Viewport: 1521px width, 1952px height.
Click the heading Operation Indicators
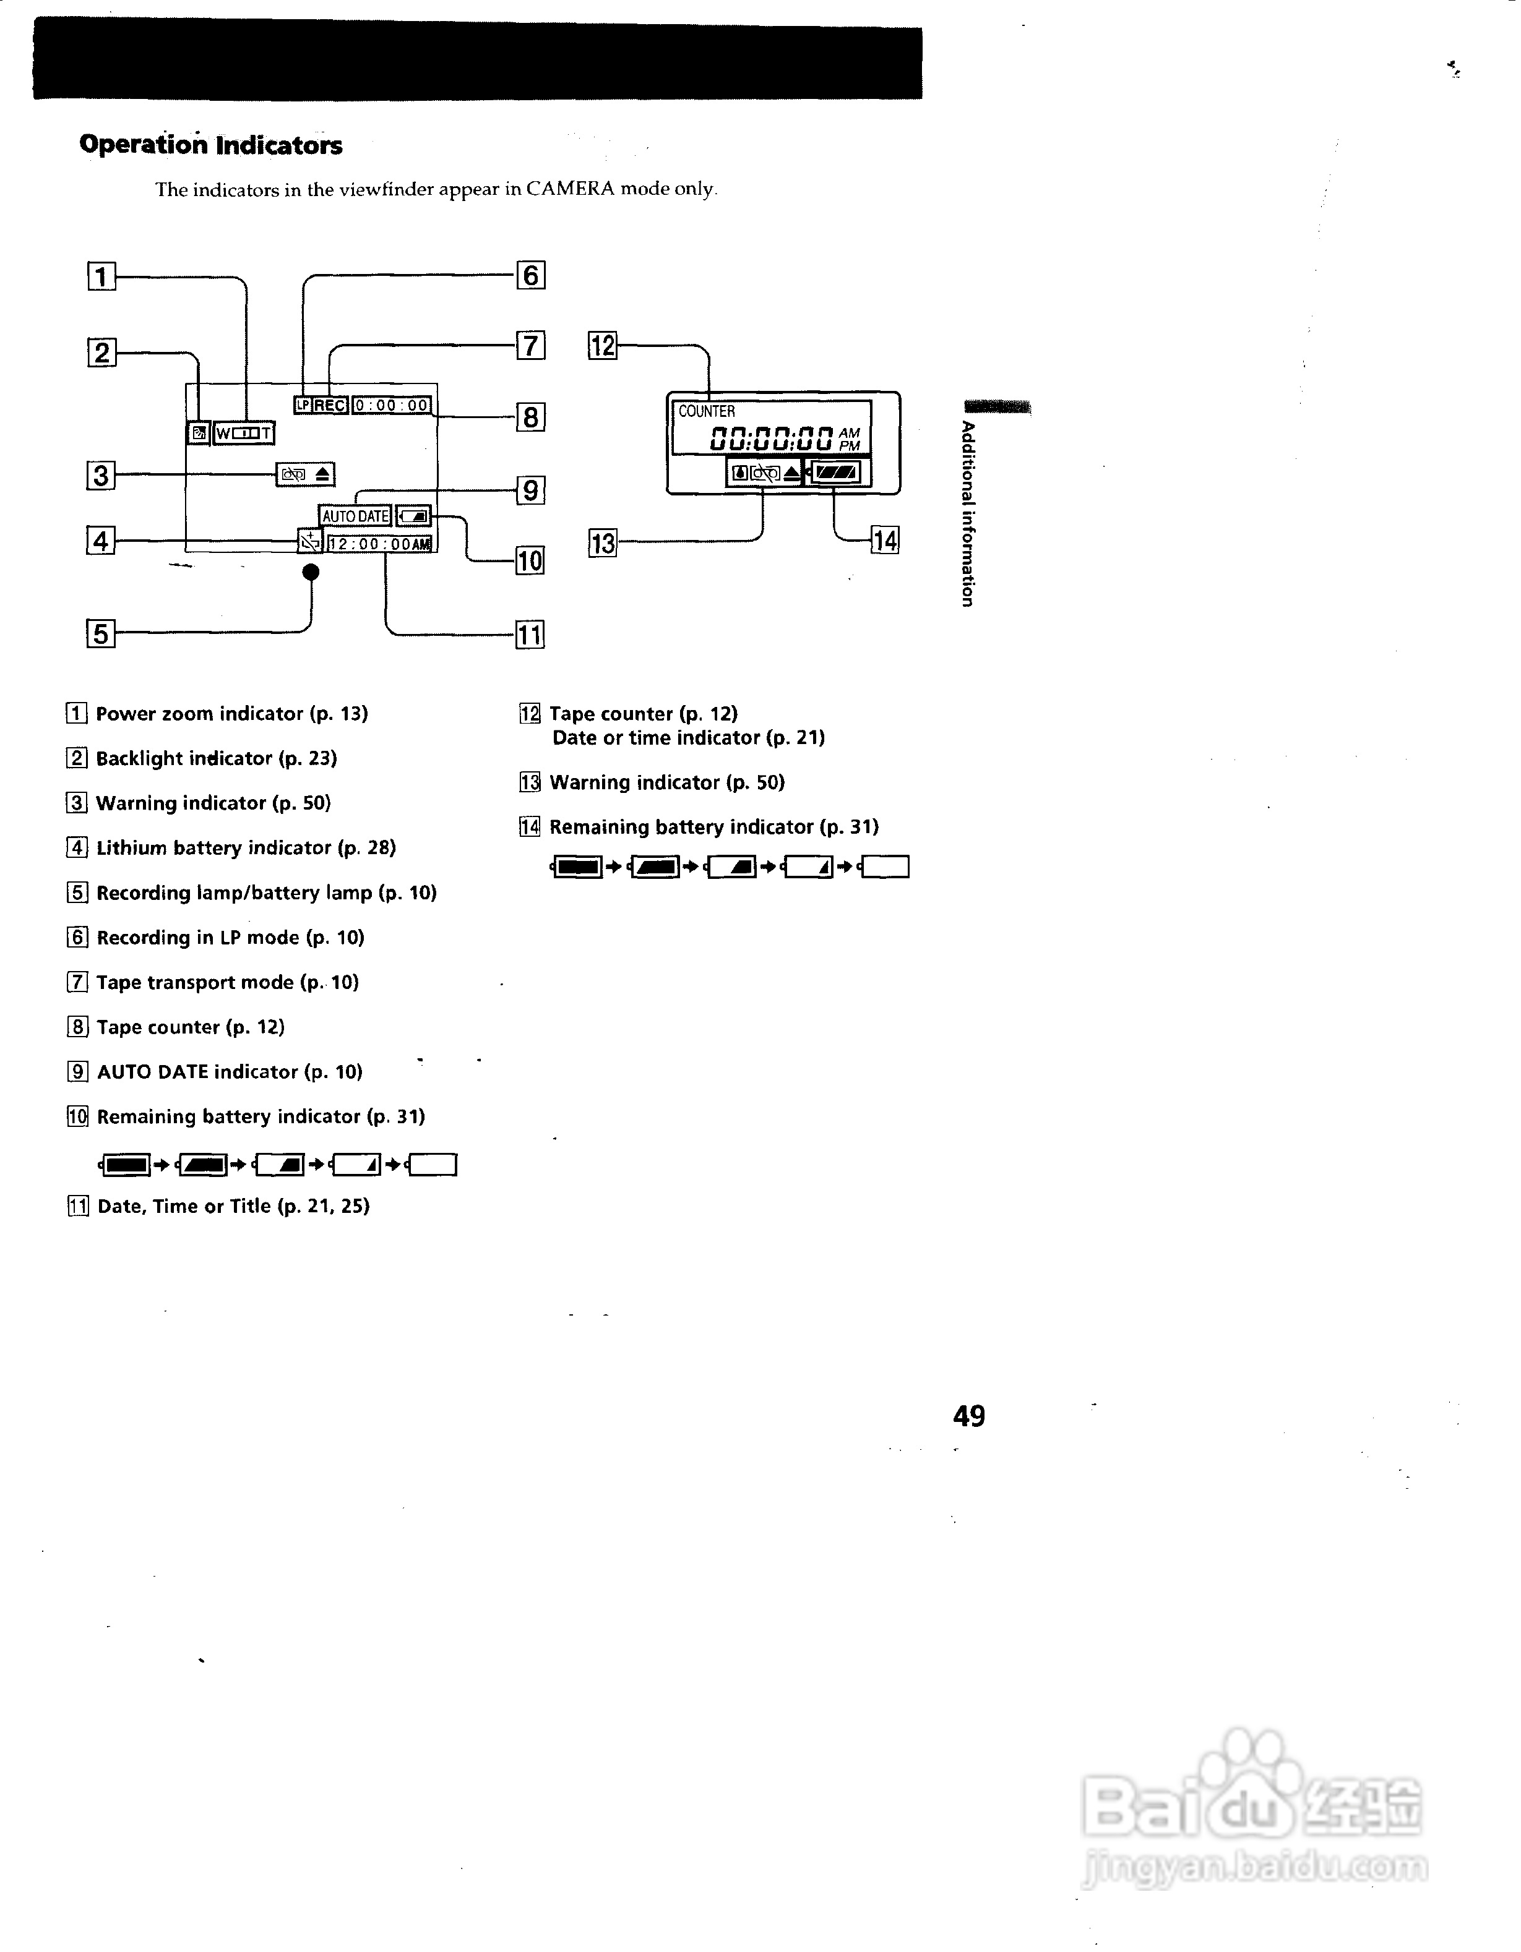coord(211,145)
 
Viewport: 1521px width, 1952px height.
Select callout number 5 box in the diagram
coord(101,634)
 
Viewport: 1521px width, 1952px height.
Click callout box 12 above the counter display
coord(603,345)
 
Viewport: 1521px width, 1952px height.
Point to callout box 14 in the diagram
coord(885,540)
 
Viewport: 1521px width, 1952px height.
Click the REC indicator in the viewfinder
coord(330,405)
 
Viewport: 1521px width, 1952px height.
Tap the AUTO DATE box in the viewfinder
coord(355,516)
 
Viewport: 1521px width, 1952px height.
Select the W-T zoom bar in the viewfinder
coord(244,434)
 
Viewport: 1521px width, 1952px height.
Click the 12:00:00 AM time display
coord(379,544)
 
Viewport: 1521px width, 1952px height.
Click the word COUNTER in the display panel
coord(707,411)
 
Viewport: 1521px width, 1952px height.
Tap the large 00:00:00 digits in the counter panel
coord(772,438)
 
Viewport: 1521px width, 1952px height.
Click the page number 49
coord(969,1416)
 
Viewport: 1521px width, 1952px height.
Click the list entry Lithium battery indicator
coord(245,848)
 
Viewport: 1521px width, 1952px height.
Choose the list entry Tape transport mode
coord(227,982)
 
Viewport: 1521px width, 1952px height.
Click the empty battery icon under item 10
coord(434,1165)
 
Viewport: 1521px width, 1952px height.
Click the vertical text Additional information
coord(968,514)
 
